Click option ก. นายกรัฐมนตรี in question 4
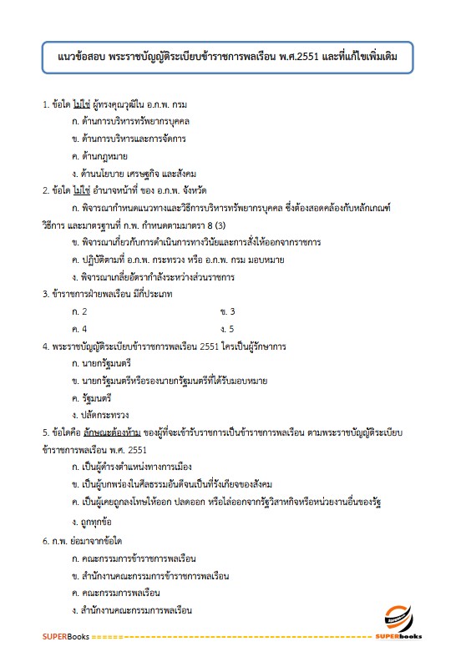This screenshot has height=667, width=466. [x=103, y=363]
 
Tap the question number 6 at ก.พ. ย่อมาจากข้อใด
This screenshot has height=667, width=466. [x=45, y=540]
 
